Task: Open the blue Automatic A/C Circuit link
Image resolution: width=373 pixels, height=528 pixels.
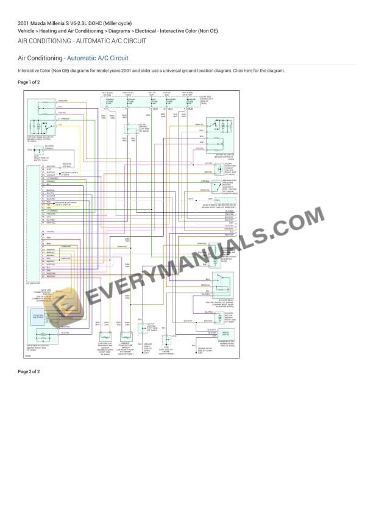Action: pyautogui.click(x=98, y=58)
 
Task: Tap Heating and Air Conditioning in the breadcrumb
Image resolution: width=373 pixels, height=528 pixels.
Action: pyautogui.click(x=69, y=30)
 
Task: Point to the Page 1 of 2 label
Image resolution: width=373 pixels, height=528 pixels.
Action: pyautogui.click(x=29, y=82)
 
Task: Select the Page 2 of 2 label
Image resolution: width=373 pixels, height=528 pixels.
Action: pyautogui.click(x=29, y=371)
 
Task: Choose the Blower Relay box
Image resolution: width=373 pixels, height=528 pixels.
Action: pyautogui.click(x=221, y=282)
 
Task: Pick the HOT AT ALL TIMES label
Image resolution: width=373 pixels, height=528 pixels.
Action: pyautogui.click(x=128, y=94)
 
